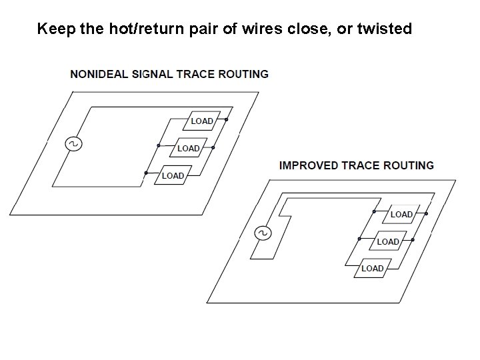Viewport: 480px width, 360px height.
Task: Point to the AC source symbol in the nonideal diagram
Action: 71,143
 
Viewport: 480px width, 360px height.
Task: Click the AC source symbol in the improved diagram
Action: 262,233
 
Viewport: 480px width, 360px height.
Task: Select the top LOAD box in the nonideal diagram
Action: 201,121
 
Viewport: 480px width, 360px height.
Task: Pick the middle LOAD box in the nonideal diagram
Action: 188,148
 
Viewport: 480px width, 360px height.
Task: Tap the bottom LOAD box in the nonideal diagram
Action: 172,175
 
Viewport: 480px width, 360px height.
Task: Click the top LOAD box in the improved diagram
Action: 401,214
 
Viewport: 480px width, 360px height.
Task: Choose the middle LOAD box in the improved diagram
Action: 387,241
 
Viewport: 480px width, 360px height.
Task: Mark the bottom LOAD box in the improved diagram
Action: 372,268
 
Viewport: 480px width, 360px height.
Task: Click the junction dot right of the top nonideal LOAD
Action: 227,120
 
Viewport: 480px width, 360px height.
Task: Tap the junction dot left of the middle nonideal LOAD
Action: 159,145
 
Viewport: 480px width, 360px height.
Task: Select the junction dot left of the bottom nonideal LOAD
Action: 145,173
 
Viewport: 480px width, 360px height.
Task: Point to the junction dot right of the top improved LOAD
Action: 427,213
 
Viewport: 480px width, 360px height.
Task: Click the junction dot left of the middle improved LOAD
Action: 359,239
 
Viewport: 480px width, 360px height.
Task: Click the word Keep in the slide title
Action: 51,29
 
